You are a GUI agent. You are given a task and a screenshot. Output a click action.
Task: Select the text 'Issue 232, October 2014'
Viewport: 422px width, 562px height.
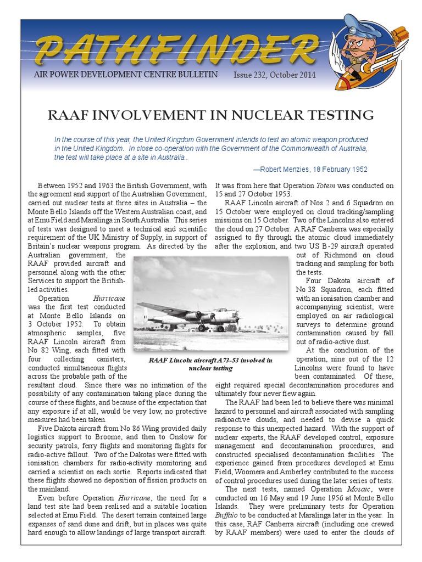[x=275, y=75]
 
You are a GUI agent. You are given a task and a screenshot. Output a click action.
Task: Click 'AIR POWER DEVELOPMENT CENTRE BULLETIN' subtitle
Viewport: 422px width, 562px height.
[x=126, y=75]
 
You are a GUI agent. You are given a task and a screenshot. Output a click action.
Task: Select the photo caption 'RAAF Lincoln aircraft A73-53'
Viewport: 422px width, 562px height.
[x=211, y=361]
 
